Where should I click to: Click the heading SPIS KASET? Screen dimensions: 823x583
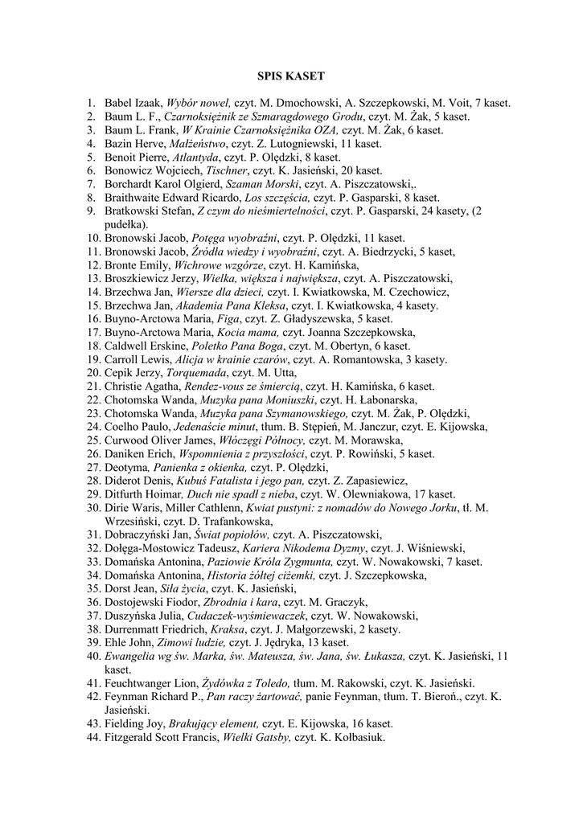tap(290, 76)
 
